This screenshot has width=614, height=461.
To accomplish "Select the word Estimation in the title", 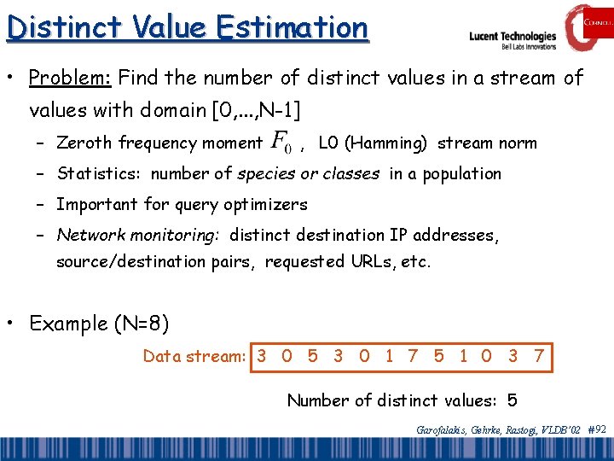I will tap(291, 26).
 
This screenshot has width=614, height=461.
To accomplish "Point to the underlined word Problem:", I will tap(70, 79).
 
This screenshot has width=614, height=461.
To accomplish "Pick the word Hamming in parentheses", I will tap(386, 143).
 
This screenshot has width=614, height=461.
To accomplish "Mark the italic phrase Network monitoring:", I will tap(139, 235).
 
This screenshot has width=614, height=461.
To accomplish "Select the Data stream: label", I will tap(195, 356).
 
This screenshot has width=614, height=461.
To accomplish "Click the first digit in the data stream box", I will tap(262, 356).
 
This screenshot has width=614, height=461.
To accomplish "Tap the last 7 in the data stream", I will tap(538, 356).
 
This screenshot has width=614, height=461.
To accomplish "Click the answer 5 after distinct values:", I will tap(512, 400).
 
